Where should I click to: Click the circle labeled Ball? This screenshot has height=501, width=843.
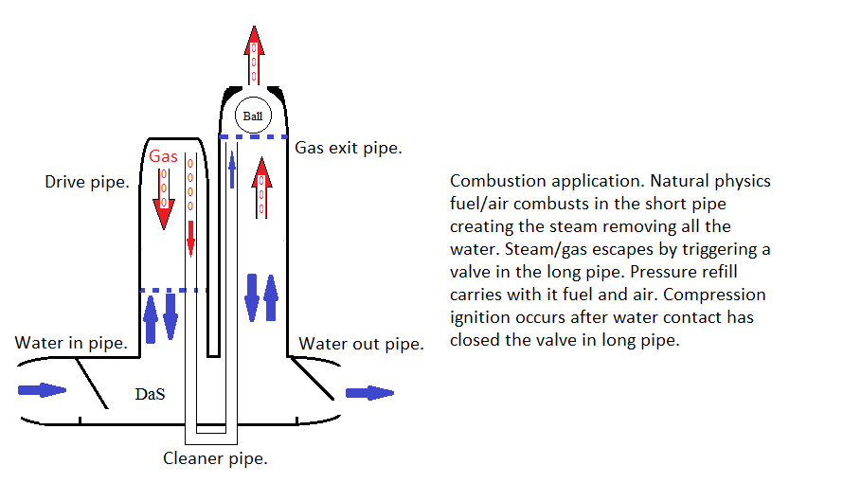[252, 116]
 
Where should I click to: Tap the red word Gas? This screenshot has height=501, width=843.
[163, 155]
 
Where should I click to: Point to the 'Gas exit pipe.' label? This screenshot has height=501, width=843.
[349, 148]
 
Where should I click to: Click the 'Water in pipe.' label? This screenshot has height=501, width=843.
[71, 343]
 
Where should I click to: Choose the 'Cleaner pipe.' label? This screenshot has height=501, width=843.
[215, 459]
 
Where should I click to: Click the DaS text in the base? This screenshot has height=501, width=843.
[150, 393]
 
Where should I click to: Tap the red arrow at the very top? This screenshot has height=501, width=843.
[253, 53]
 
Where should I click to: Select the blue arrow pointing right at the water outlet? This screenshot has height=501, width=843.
[369, 392]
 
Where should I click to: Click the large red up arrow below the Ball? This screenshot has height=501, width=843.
[262, 185]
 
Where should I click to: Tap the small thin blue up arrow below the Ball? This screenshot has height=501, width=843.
[232, 168]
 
